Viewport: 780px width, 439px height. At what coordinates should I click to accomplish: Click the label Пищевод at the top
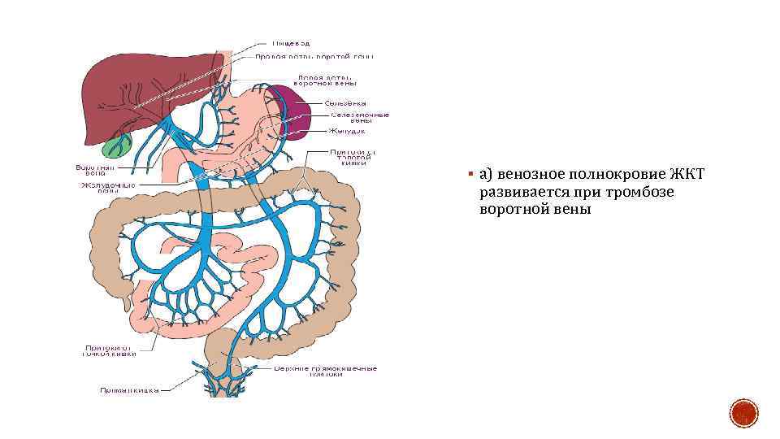(x=291, y=42)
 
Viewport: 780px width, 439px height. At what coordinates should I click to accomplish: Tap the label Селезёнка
(x=345, y=103)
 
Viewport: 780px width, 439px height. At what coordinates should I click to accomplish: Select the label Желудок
(x=347, y=130)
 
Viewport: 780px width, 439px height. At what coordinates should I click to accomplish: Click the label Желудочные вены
(x=106, y=188)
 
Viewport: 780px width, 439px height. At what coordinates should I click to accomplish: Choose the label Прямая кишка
(x=129, y=389)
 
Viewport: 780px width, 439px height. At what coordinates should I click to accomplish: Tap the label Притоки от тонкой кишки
(x=109, y=350)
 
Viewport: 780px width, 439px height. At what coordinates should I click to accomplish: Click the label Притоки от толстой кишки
(x=353, y=157)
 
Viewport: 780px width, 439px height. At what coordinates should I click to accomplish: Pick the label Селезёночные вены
(x=358, y=118)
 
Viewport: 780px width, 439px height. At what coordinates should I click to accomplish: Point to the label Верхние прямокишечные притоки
(x=325, y=371)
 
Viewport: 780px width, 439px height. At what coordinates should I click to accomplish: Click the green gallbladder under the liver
(x=117, y=146)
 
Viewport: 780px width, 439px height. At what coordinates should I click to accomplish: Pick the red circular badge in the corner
(x=743, y=414)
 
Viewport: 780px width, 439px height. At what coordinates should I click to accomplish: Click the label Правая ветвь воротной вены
(x=314, y=57)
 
